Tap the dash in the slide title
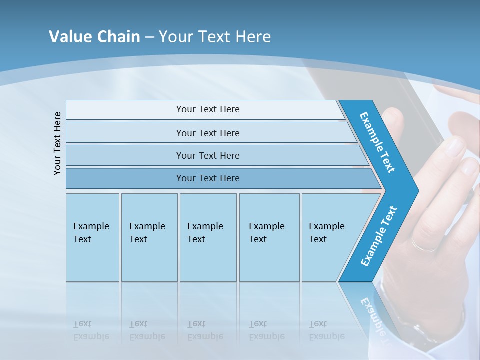(x=149, y=37)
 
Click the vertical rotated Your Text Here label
(x=57, y=143)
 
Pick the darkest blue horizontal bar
(x=208, y=178)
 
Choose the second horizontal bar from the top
(x=208, y=133)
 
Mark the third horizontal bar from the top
(x=208, y=155)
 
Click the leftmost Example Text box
(x=92, y=237)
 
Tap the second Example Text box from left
(x=149, y=237)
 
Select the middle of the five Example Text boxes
(x=208, y=237)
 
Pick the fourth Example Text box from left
(x=269, y=237)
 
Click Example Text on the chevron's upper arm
(x=377, y=142)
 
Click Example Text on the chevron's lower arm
(x=378, y=236)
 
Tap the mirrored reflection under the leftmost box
(x=92, y=320)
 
